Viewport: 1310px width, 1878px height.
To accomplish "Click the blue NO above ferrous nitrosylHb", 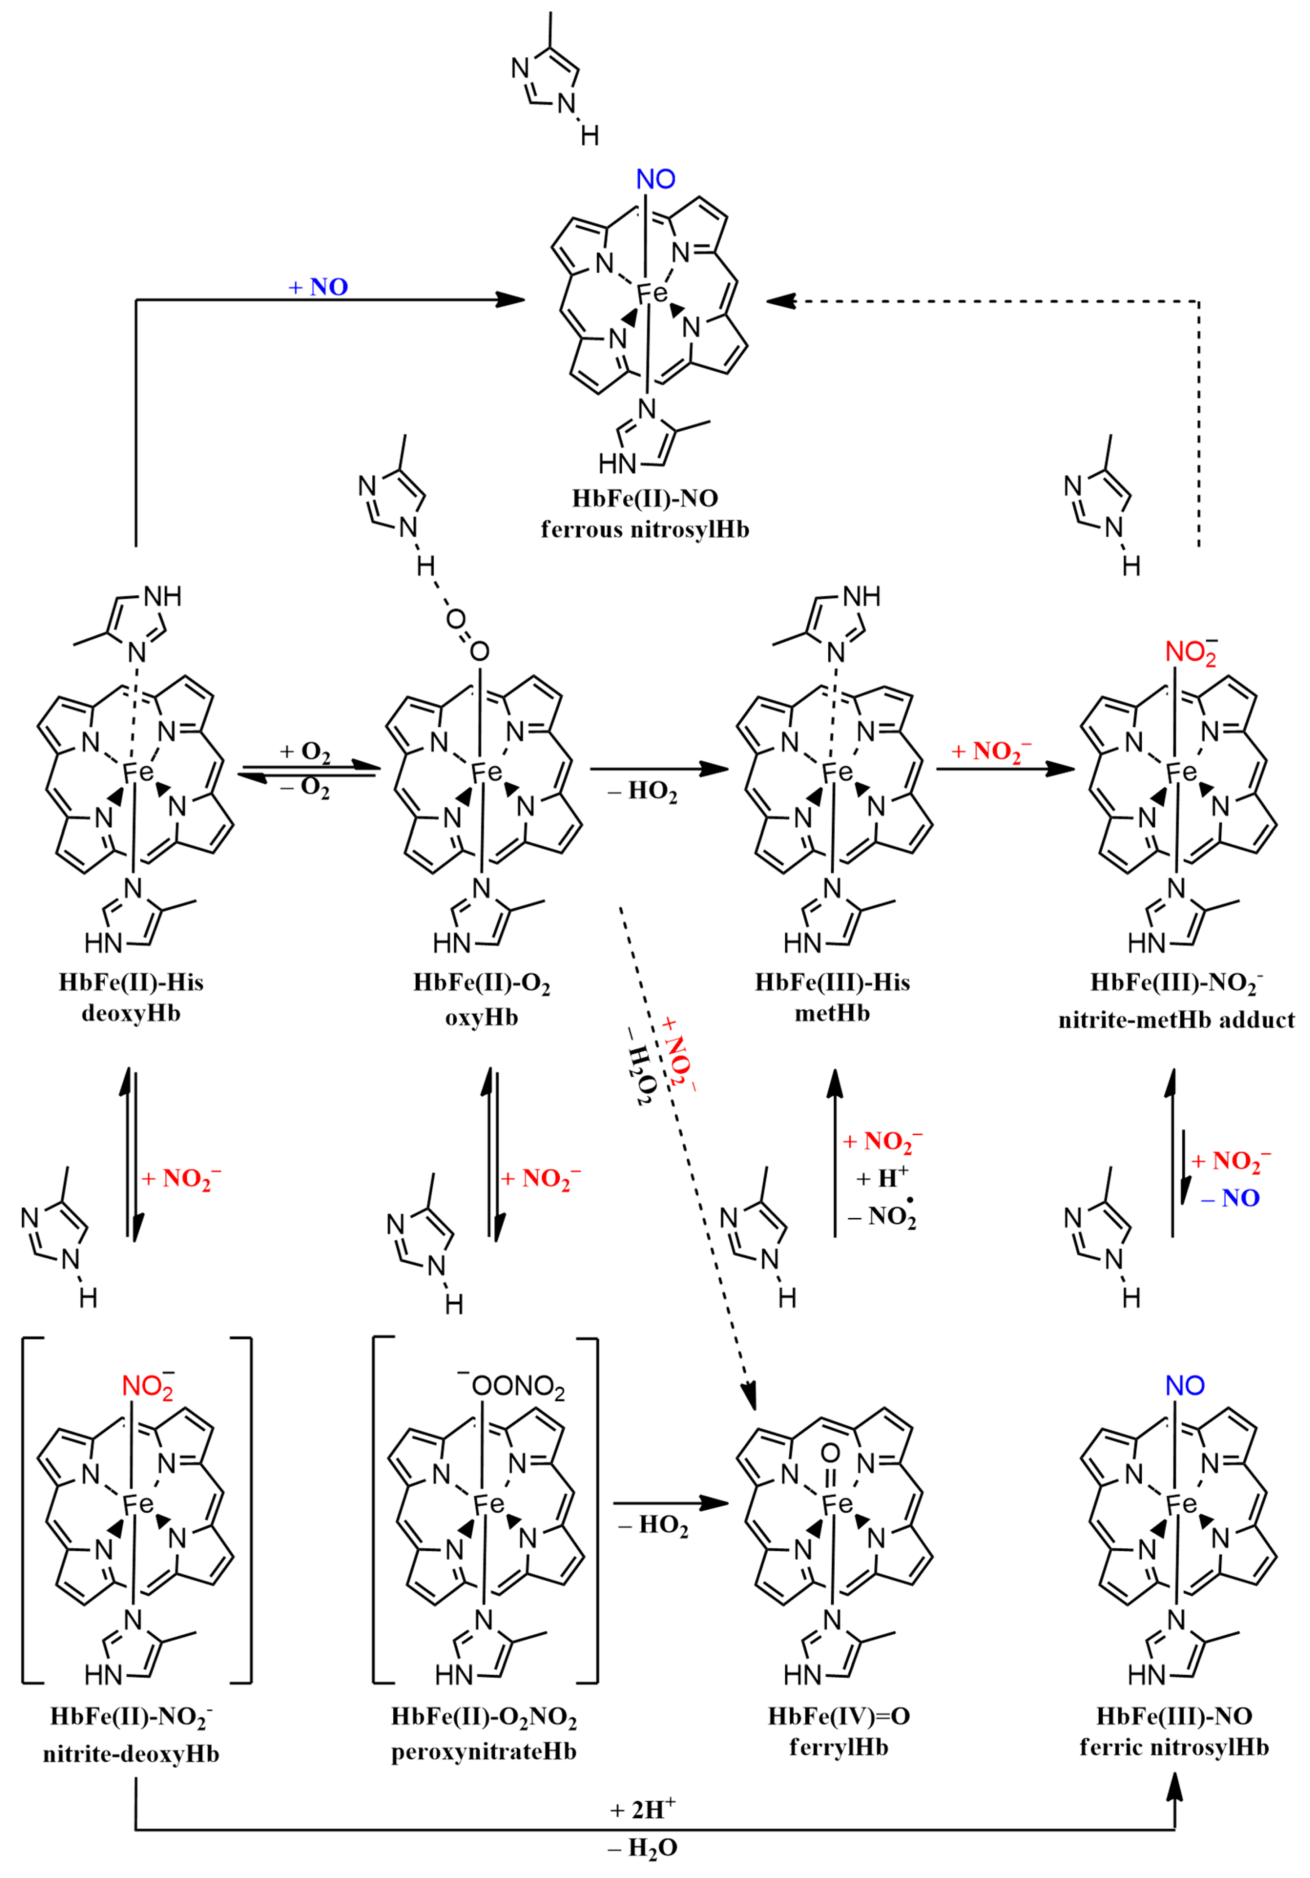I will coord(656,179).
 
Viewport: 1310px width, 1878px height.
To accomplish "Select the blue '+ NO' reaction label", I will coord(318,287).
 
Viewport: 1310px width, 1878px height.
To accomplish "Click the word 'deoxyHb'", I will coord(131,1013).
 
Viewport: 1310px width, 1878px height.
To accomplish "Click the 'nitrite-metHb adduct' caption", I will coord(1176,1020).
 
